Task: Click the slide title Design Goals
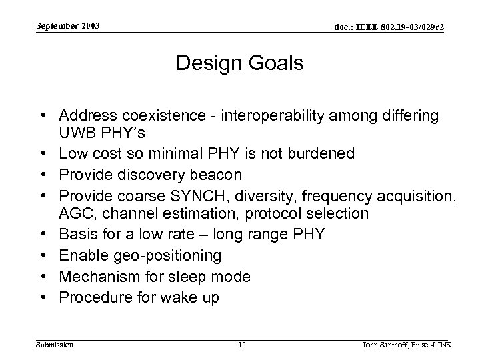pos(239,64)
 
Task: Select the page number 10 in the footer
pos(242,344)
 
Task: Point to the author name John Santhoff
pos(387,344)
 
